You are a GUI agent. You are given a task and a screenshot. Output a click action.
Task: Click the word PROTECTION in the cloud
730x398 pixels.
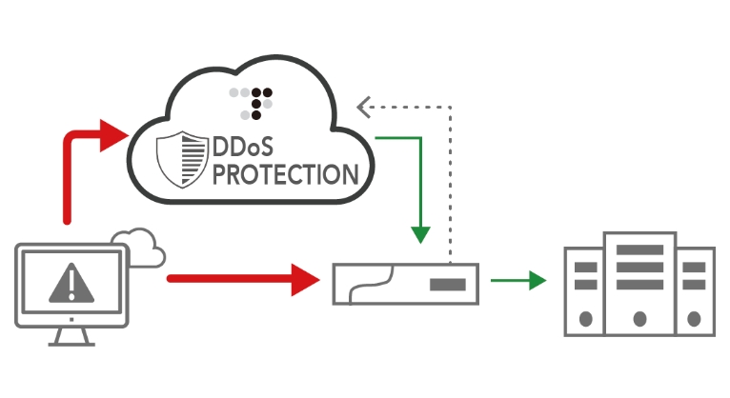point(283,175)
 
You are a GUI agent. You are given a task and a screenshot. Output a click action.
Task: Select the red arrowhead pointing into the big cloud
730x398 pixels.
point(112,135)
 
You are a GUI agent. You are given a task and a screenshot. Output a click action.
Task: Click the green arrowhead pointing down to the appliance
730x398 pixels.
point(419,233)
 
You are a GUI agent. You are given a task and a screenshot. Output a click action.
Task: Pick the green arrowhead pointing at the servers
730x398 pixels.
point(537,280)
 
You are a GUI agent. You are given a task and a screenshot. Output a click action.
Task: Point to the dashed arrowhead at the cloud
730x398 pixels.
point(363,107)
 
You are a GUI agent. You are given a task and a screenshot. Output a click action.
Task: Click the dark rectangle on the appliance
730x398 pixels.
point(447,284)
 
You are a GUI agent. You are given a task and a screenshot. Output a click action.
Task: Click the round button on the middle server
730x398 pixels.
point(639,317)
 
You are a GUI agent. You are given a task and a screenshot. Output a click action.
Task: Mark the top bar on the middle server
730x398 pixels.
point(639,249)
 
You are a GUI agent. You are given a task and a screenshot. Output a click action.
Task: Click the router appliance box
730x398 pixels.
point(405,284)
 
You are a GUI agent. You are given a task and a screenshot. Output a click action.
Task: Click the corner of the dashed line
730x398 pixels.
point(450,107)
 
